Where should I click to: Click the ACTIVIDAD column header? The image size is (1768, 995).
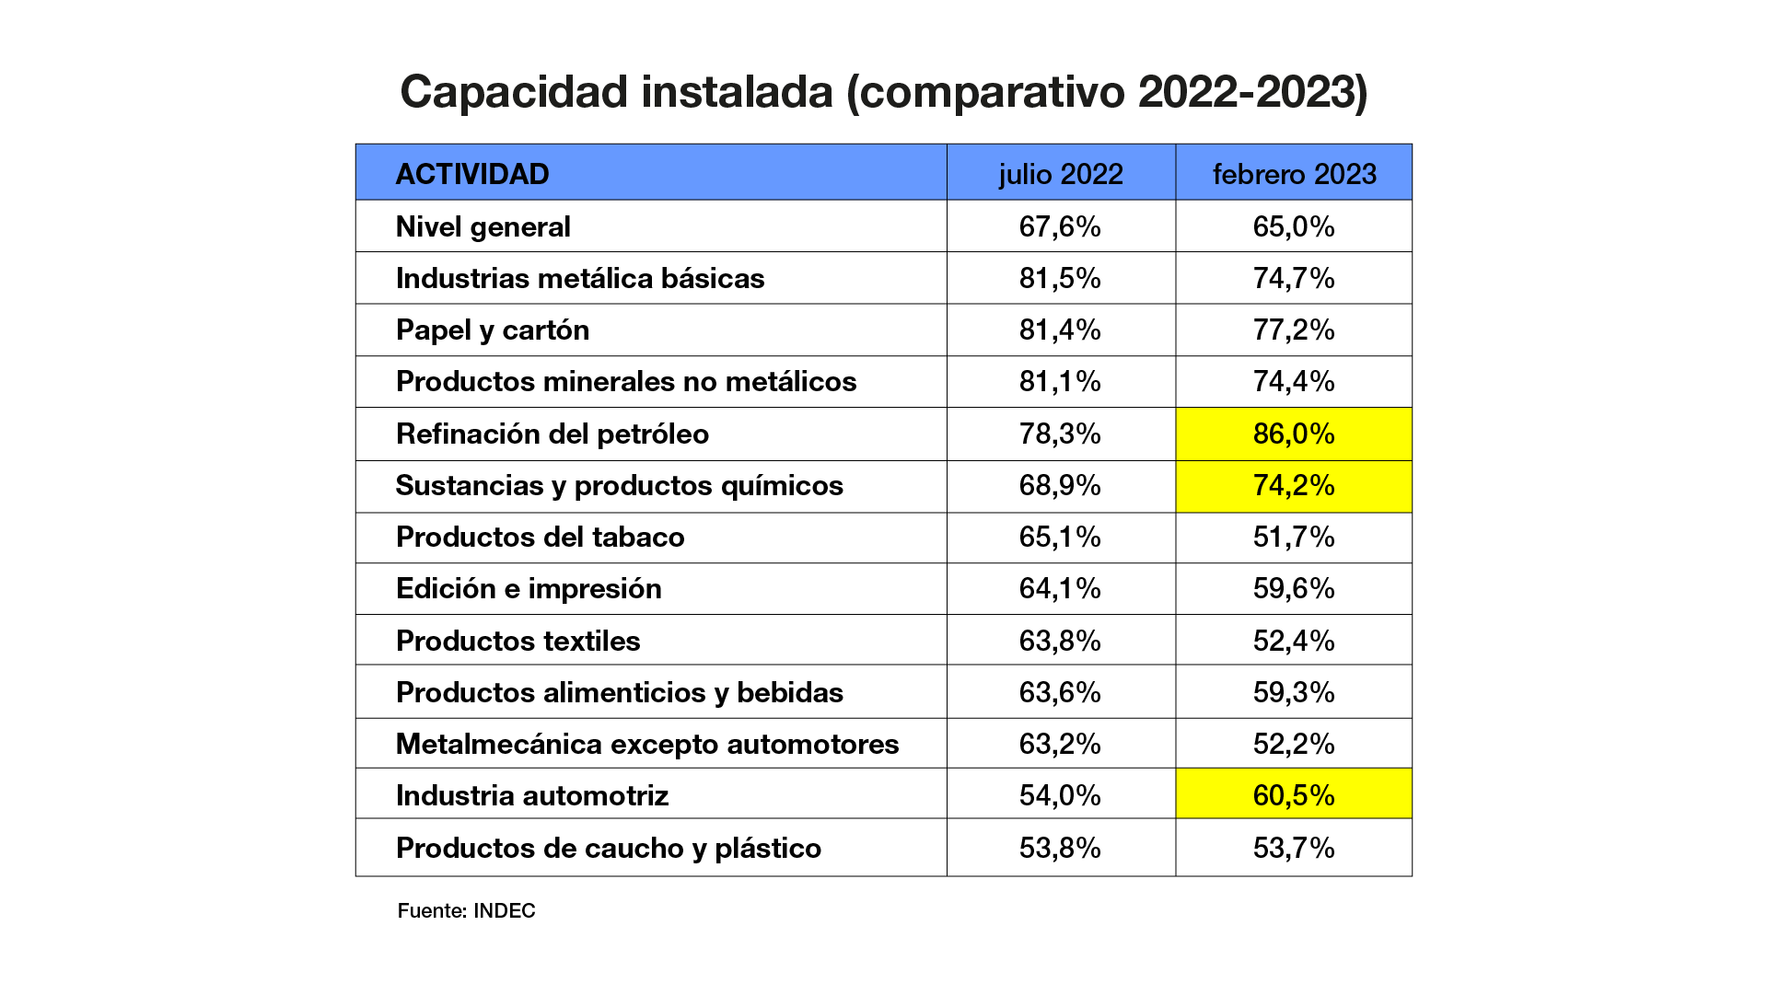click(x=472, y=174)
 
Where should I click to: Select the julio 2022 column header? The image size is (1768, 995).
click(x=1061, y=174)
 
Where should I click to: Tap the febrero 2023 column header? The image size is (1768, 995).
click(x=1294, y=174)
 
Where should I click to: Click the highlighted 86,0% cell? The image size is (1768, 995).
click(x=1294, y=434)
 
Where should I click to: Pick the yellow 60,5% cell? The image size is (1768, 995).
click(x=1294, y=795)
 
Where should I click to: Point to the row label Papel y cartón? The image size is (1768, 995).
click(x=493, y=330)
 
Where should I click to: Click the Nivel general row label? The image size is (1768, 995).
click(x=483, y=226)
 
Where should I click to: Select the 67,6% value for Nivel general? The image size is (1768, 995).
click(x=1060, y=226)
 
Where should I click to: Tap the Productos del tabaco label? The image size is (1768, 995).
click(x=541, y=538)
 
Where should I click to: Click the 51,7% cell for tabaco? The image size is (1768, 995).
click(x=1294, y=538)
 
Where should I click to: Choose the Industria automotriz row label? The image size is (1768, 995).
click(x=532, y=795)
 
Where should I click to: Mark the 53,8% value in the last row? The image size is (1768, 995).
click(x=1060, y=848)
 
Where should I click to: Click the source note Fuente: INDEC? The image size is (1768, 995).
click(x=467, y=910)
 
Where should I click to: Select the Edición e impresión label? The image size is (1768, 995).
click(x=529, y=589)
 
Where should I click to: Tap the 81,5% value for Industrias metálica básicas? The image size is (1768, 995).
click(x=1060, y=278)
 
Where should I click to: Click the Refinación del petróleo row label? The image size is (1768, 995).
click(x=552, y=434)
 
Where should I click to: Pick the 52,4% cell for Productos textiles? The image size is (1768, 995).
click(x=1294, y=641)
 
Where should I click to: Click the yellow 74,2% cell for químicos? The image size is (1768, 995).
click(x=1294, y=486)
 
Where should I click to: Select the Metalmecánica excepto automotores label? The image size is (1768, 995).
click(x=647, y=744)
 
